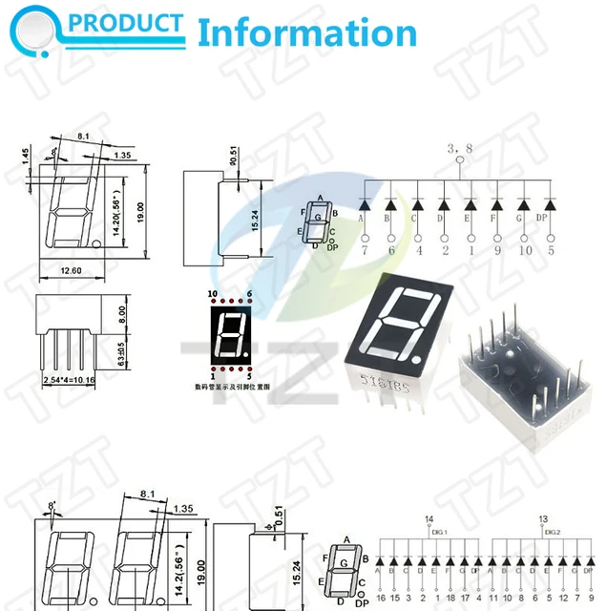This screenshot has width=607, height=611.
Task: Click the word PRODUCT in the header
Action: [139, 24]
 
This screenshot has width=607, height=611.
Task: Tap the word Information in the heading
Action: [306, 32]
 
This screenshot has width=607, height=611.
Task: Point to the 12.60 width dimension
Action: [71, 272]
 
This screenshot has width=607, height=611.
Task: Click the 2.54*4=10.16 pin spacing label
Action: [68, 380]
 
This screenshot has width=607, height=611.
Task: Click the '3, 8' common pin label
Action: [460, 149]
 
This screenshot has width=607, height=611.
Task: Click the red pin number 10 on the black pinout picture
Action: [212, 293]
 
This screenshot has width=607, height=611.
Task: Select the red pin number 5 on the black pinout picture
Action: [248, 377]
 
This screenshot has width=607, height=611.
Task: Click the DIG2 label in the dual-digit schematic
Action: [553, 533]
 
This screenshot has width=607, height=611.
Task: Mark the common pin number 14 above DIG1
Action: [429, 519]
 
